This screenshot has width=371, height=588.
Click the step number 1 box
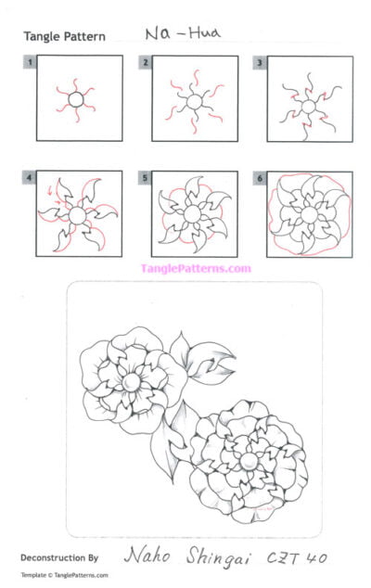[31, 62]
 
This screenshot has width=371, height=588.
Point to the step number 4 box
[31, 175]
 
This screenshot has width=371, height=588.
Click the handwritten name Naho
[151, 556]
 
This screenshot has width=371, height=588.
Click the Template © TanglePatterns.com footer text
[63, 576]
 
